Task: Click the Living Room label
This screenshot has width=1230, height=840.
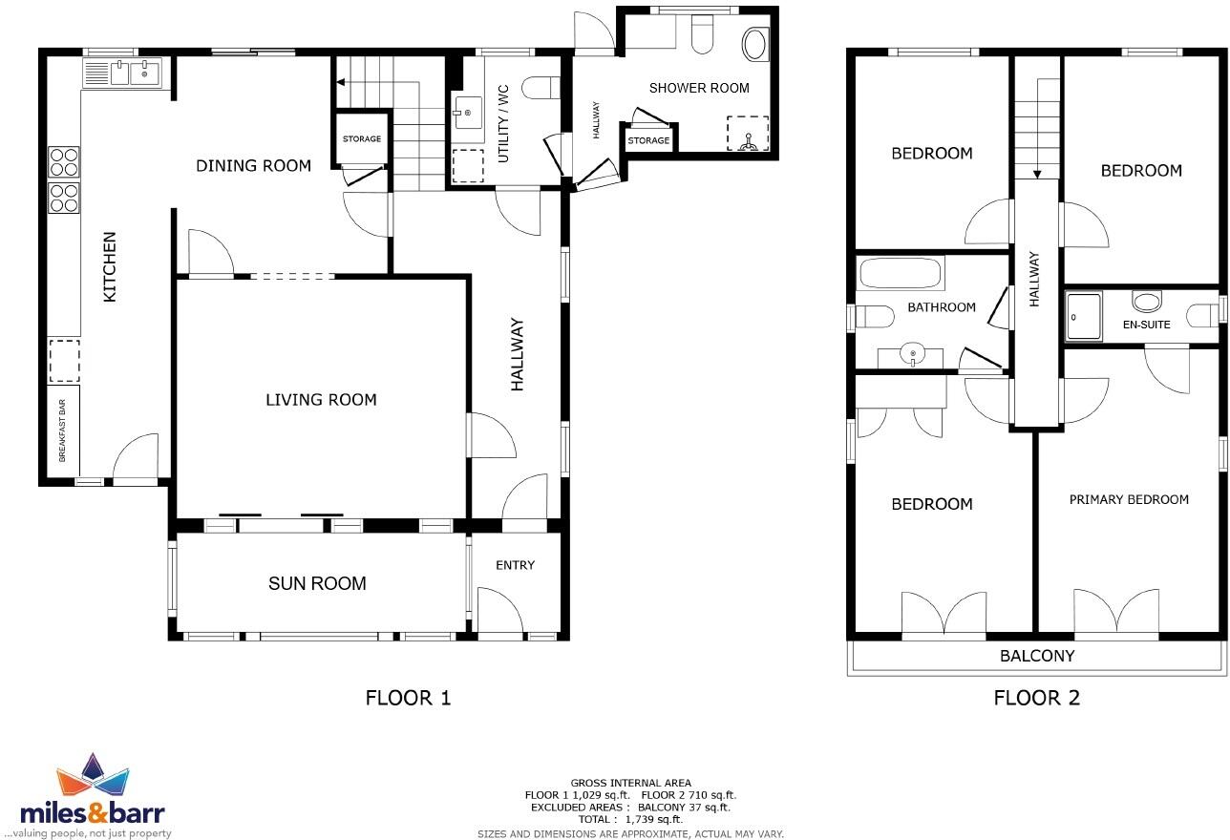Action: click(321, 399)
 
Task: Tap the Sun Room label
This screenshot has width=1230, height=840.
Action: click(317, 583)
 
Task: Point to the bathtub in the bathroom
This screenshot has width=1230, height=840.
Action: click(901, 274)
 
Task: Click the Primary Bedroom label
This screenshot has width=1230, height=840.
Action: click(1129, 499)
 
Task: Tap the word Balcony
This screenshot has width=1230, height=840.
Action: click(1036, 656)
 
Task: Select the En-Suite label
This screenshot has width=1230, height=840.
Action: click(1146, 325)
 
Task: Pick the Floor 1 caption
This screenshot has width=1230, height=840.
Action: click(408, 698)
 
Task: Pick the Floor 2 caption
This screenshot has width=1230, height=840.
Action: click(1036, 698)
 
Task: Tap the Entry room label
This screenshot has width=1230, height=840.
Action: click(515, 565)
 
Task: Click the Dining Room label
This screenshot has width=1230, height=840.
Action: click(253, 165)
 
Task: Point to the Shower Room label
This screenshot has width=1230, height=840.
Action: click(699, 88)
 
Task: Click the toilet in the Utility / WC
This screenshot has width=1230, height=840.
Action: click(541, 88)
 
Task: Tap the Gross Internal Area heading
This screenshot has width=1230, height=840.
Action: click(630, 783)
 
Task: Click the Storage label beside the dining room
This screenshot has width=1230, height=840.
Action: click(362, 139)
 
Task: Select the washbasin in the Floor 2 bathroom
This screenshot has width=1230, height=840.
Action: click(913, 355)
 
